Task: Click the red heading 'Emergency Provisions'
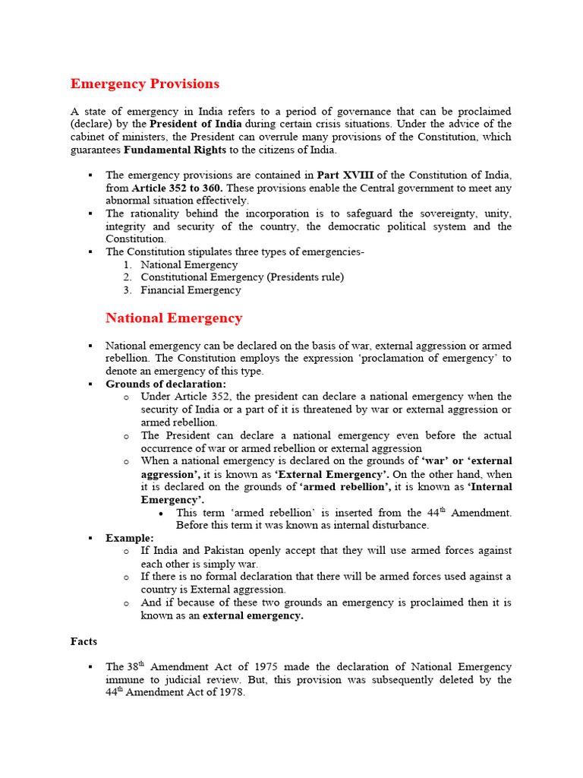click(145, 84)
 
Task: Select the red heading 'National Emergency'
click(174, 318)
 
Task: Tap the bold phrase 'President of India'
click(196, 124)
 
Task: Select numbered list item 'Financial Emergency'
click(191, 290)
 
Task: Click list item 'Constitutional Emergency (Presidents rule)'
click(242, 277)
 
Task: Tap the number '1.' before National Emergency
click(128, 265)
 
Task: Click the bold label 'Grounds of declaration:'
click(165, 384)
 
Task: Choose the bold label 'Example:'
click(130, 538)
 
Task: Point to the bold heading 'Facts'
click(84, 641)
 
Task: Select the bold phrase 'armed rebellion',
click(345, 487)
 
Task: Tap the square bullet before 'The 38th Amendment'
click(90, 667)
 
